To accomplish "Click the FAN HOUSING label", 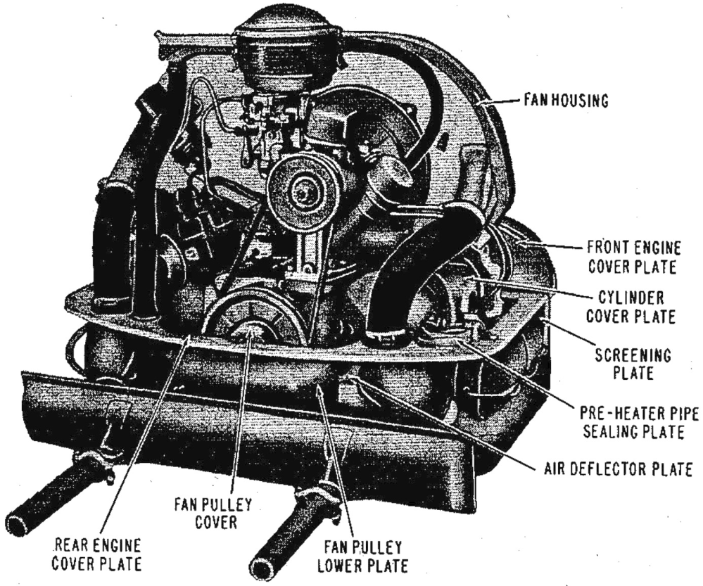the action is pyautogui.click(x=566, y=101).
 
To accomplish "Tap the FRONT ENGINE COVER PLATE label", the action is pyautogui.click(x=634, y=257).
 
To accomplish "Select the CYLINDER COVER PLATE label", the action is pyautogui.click(x=631, y=307).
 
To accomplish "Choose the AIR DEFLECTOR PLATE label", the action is pyautogui.click(x=619, y=469).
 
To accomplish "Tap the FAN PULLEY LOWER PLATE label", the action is pyautogui.click(x=362, y=556).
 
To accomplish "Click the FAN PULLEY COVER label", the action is pyautogui.click(x=213, y=513).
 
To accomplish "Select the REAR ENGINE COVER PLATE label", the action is pyautogui.click(x=96, y=554).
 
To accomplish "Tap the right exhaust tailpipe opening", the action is pyautogui.click(x=262, y=568).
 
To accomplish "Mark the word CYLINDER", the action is pyautogui.click(x=631, y=298).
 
